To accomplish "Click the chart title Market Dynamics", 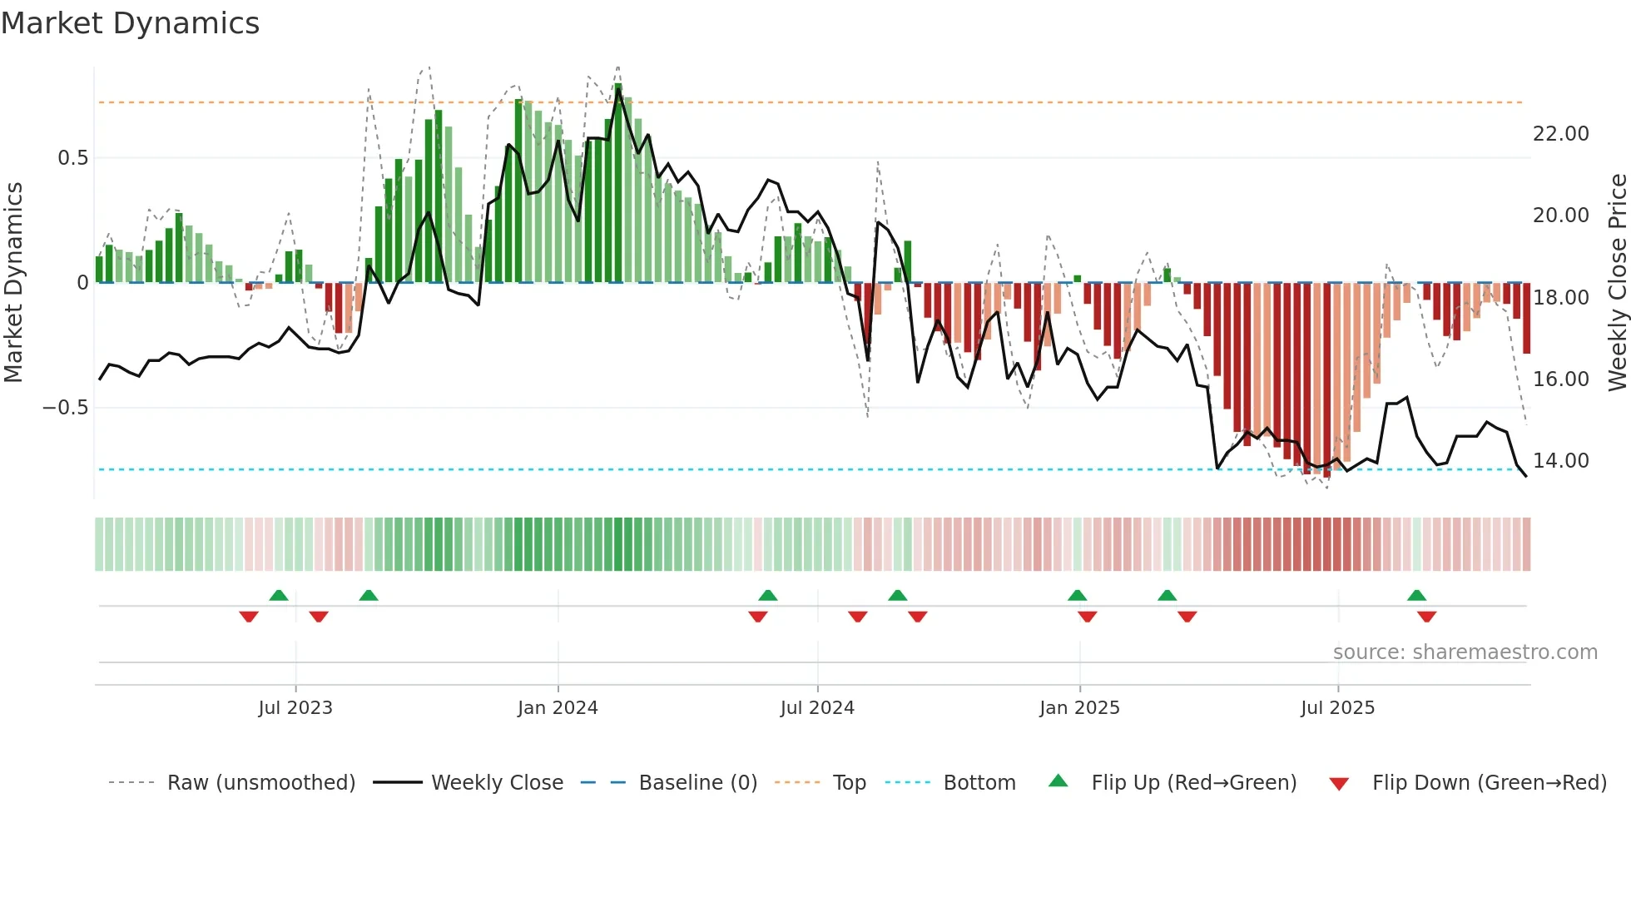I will pos(130,23).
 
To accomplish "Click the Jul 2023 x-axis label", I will pos(295,707).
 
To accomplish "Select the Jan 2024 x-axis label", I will pos(558,707).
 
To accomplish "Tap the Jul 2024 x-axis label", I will pos(817,707).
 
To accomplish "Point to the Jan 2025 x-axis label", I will pos(1079,707).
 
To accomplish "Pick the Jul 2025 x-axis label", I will pos(1337,707).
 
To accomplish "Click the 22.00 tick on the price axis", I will pos(1560,134).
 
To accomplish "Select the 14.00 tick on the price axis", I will pos(1560,461).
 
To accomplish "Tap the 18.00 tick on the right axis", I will pos(1560,298).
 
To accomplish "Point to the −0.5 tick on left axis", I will pos(65,408).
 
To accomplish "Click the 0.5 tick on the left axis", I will pos(72,158).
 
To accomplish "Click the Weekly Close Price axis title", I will pos(1617,282).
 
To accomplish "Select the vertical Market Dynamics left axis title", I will pos(13,282).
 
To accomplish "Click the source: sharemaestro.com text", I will pos(1465,652).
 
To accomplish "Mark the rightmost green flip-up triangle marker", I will pos(1416,595).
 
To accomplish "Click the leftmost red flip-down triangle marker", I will pos(248,617).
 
